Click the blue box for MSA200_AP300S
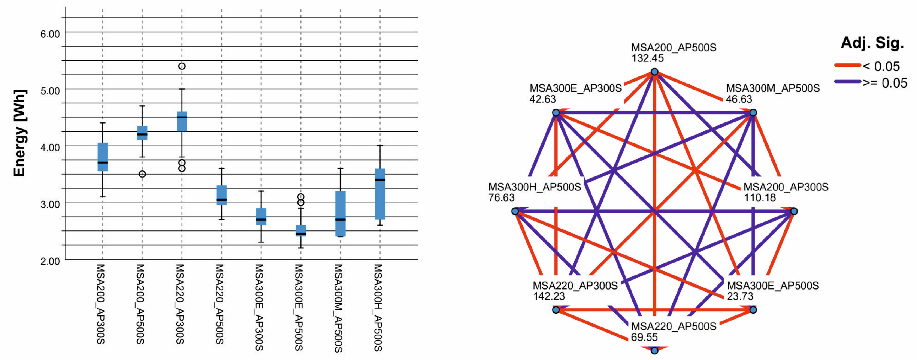103,157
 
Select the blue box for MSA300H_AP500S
380,194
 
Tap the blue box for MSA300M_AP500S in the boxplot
340,214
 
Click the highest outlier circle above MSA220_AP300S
182,66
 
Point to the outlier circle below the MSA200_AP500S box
142,174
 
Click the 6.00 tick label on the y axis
50,34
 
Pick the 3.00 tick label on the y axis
50,204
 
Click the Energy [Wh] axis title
19,133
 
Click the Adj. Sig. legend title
872,43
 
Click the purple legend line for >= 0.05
847,82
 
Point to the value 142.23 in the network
549,296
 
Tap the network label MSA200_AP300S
786,187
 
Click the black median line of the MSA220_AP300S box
182,117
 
